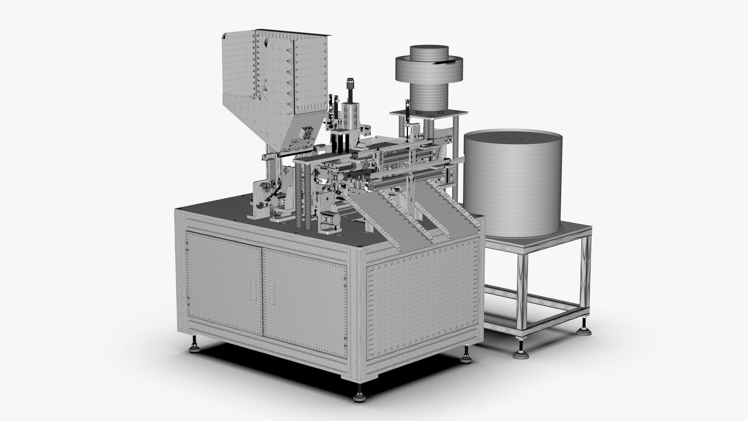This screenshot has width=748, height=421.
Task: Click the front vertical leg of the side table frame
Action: (x=521, y=294)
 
